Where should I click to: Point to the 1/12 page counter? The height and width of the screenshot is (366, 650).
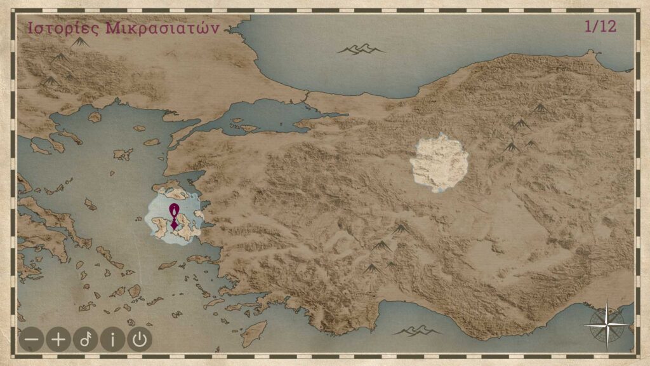pyautogui.click(x=600, y=27)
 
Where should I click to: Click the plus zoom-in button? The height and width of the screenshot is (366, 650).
pyautogui.click(x=58, y=339)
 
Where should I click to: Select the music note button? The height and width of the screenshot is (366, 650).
pyautogui.click(x=86, y=339)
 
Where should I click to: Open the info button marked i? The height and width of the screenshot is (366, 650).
pyautogui.click(x=113, y=339)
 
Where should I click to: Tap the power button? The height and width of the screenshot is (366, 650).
pyautogui.click(x=140, y=339)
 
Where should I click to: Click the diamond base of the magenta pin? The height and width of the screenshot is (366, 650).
pyautogui.click(x=173, y=224)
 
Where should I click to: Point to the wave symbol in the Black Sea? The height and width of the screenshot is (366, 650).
pyautogui.click(x=360, y=49)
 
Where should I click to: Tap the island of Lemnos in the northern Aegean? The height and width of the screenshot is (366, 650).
pyautogui.click(x=123, y=154)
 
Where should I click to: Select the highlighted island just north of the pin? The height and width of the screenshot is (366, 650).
pyautogui.click(x=168, y=187)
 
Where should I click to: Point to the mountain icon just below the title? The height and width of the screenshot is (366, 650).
pyautogui.click(x=80, y=42)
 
